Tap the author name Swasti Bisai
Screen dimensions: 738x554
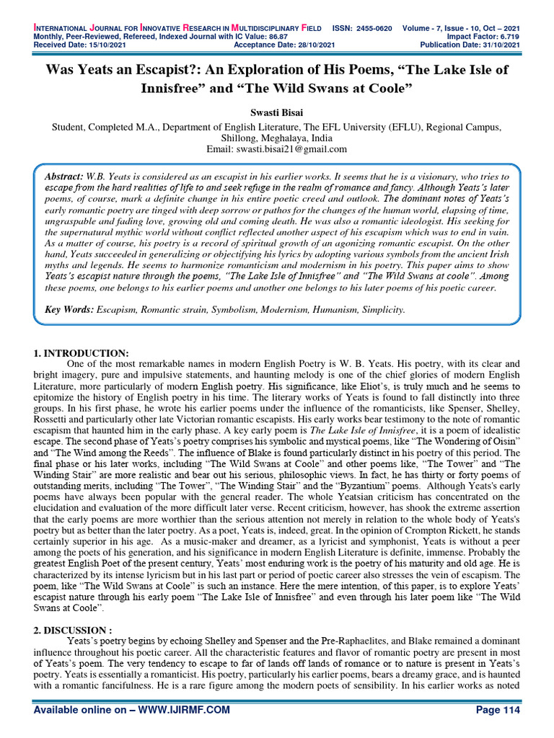(277, 114)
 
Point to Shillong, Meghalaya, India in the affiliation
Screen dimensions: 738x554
(277, 138)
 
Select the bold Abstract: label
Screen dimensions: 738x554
(64, 176)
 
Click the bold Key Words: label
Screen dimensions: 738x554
(69, 309)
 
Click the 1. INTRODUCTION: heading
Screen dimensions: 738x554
(82, 352)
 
